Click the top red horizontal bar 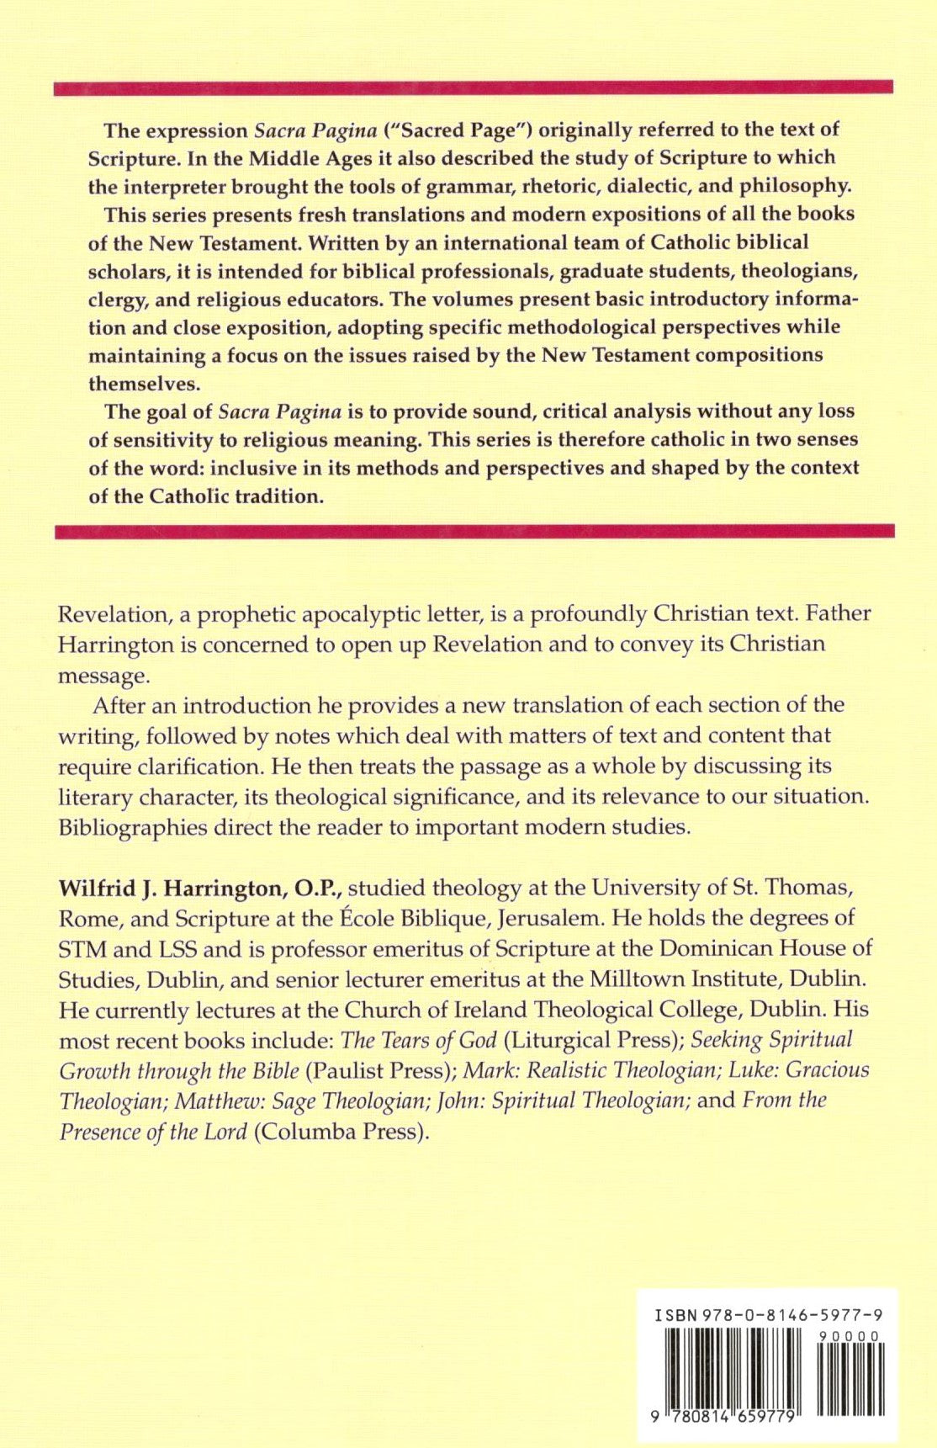[473, 88]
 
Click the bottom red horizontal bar [473, 531]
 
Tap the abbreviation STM [82, 949]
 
